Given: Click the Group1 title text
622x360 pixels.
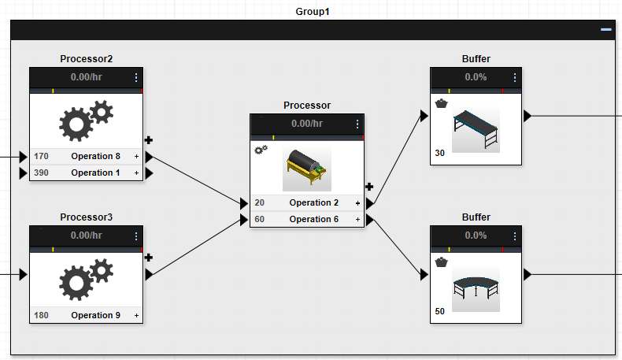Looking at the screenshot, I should coord(312,11).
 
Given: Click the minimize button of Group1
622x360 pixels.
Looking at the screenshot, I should coord(605,29).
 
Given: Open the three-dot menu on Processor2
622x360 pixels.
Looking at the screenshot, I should coord(136,77).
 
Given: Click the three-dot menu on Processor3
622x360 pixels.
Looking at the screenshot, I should coord(136,236).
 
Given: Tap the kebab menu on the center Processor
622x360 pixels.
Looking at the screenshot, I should coord(357,124).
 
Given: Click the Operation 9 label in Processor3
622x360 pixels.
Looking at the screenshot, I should coord(95,315).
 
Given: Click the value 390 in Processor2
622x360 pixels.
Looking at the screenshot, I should coord(41,173).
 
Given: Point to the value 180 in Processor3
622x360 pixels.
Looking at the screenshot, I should coord(41,315).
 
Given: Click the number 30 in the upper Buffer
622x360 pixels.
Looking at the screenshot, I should coord(439,154).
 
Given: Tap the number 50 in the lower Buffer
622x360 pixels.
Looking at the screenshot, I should coord(439,311).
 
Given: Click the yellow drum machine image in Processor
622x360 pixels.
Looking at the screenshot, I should coord(307,167).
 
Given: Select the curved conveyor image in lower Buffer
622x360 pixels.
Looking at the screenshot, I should coord(476,287).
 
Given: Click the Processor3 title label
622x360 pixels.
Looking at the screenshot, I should coord(87,217).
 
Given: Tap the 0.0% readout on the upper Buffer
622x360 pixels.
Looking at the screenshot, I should coord(476,77).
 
